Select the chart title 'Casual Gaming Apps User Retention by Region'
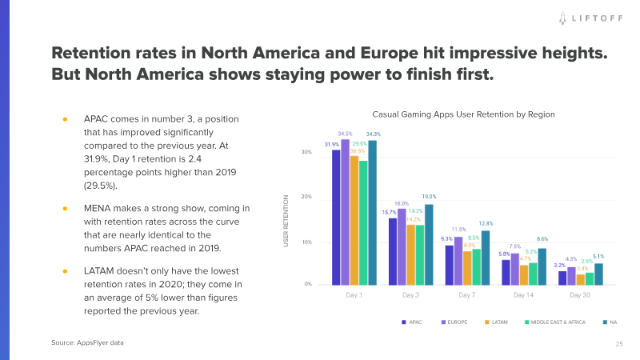pyautogui.click(x=463, y=114)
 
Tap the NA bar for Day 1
pyautogui.click(x=372, y=212)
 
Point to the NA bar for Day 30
pyautogui.click(x=598, y=274)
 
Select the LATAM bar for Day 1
pyautogui.click(x=354, y=220)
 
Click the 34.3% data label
pyautogui.click(x=374, y=134)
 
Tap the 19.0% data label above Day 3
pyautogui.click(x=430, y=197)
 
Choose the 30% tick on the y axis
pyautogui.click(x=306, y=152)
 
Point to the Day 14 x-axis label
pyautogui.click(x=524, y=295)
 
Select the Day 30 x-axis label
pyautogui.click(x=581, y=295)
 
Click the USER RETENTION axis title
pyautogui.click(x=286, y=219)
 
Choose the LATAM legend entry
pyautogui.click(x=498, y=322)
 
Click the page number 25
pyautogui.click(x=618, y=344)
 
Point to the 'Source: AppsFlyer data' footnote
pyautogui.click(x=87, y=342)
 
